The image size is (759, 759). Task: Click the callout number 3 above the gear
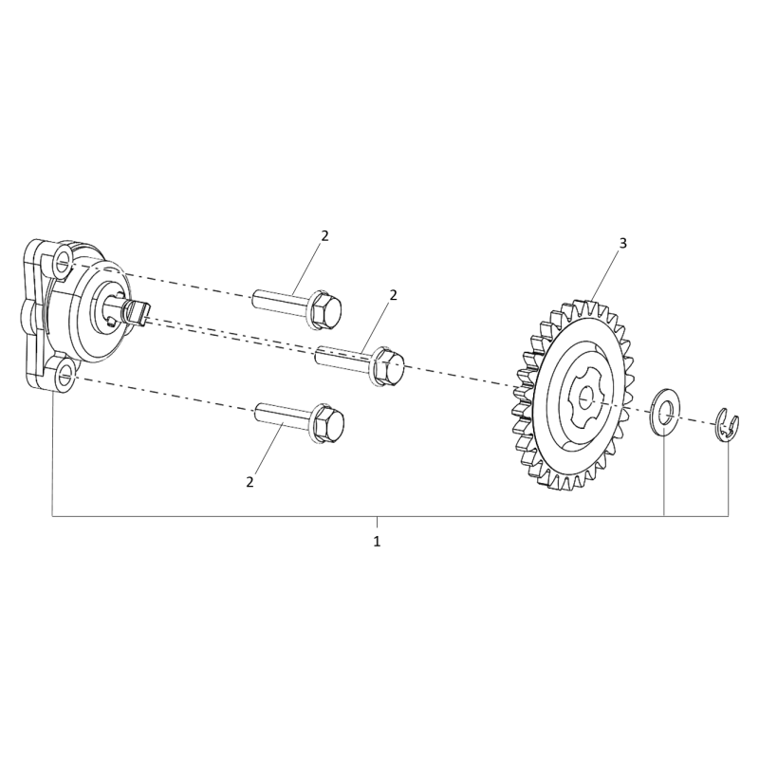(x=622, y=244)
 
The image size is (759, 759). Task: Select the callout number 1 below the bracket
(x=377, y=541)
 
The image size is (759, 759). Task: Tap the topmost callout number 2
(x=324, y=235)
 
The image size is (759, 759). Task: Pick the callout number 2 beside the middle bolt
(x=393, y=295)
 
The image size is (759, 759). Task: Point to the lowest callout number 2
(x=250, y=482)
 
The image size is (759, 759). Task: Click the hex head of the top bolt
(x=324, y=310)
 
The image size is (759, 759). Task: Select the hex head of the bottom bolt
(x=326, y=421)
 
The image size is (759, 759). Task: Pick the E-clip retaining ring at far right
(x=727, y=424)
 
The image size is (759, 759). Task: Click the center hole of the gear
(x=585, y=396)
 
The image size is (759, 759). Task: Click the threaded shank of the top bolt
(x=280, y=299)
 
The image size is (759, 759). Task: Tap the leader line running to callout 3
(x=604, y=275)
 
